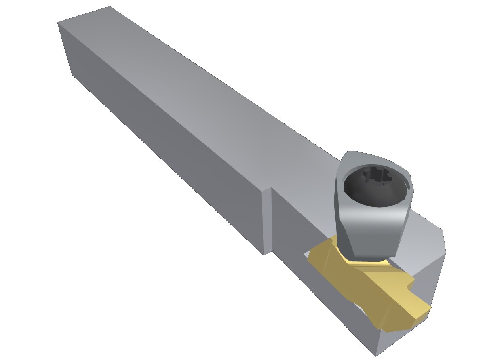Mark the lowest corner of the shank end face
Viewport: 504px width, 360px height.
point(72,74)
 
